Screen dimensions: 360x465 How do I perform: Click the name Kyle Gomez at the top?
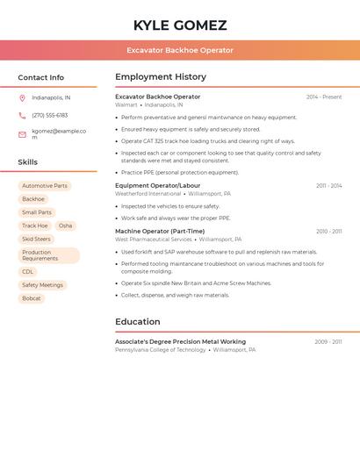click(x=180, y=25)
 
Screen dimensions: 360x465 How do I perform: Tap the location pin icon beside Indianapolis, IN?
click(x=22, y=97)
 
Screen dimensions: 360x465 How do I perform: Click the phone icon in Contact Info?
click(x=22, y=115)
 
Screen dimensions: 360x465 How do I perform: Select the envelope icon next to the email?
click(x=22, y=134)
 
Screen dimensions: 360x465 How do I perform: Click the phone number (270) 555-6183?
click(x=49, y=115)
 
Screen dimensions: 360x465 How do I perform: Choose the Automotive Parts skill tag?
click(x=45, y=186)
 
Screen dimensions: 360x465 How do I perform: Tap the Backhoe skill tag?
click(x=33, y=199)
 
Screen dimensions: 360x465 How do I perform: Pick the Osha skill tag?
click(x=66, y=225)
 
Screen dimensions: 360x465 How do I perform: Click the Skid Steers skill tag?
click(x=36, y=239)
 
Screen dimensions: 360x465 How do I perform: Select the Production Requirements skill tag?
click(x=48, y=255)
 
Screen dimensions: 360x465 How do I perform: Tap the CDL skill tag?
click(x=28, y=272)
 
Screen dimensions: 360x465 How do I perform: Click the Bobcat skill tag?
click(x=32, y=298)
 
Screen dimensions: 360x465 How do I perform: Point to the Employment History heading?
click(x=161, y=77)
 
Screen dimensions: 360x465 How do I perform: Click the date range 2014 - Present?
click(x=324, y=97)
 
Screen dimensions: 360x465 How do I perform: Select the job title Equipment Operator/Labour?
click(x=158, y=186)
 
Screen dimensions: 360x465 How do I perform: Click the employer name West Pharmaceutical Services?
click(x=154, y=240)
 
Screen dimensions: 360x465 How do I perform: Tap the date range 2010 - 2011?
click(x=329, y=232)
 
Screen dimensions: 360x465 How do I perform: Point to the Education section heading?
click(x=138, y=322)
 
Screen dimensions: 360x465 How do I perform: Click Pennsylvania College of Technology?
click(x=161, y=350)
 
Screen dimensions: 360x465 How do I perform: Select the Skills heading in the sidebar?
click(x=28, y=162)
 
